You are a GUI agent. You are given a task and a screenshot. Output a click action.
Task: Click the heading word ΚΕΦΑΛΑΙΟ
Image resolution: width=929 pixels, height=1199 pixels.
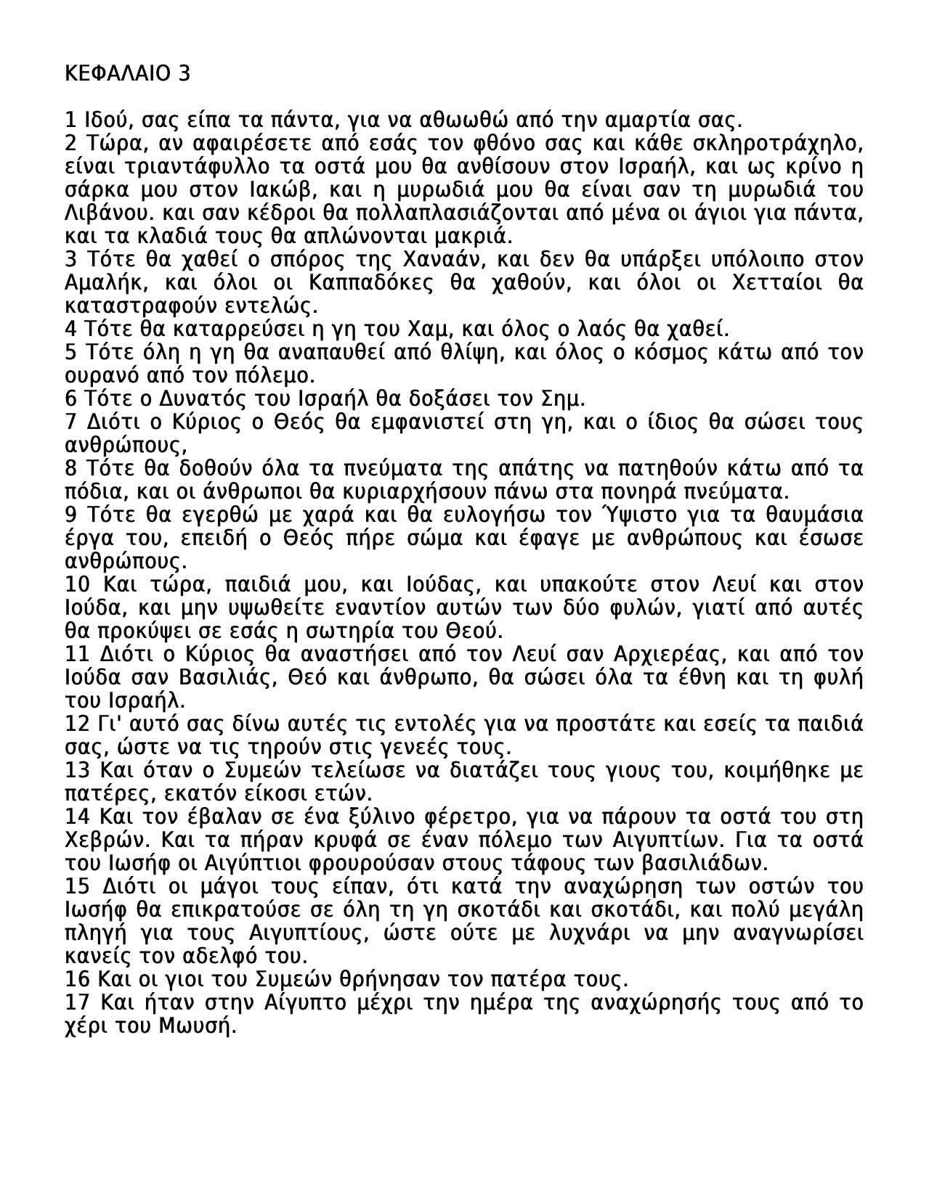(x=115, y=73)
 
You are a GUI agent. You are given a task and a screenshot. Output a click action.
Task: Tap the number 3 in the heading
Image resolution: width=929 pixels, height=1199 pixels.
(x=183, y=73)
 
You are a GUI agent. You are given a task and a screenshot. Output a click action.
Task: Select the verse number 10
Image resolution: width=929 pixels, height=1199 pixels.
(x=77, y=585)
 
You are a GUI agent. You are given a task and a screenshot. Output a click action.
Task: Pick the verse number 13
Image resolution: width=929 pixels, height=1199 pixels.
(x=77, y=771)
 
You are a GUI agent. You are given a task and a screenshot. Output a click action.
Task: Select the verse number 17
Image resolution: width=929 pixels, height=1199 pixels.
(x=77, y=1003)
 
